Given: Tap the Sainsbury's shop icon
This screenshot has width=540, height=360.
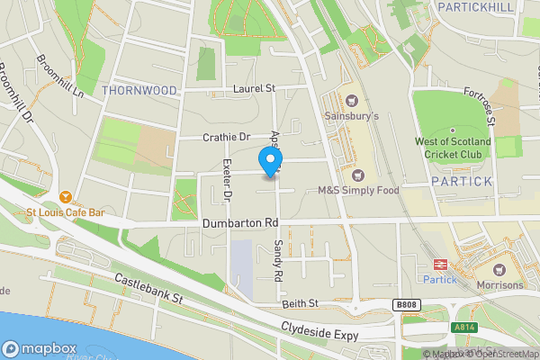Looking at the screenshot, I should click(351, 101).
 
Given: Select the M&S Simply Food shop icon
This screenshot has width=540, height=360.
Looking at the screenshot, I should click(359, 175).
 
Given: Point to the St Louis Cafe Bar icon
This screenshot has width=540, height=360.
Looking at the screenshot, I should click(66, 197).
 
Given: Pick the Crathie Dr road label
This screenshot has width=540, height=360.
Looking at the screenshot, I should click(226, 137).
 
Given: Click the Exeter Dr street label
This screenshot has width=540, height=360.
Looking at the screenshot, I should click(228, 179).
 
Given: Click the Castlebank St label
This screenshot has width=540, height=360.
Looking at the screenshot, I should click(148, 289).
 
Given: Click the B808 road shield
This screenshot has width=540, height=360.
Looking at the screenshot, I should click(406, 306).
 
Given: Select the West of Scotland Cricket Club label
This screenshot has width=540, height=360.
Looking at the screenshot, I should click(453, 148).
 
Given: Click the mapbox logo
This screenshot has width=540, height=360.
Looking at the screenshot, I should click(39, 348).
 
